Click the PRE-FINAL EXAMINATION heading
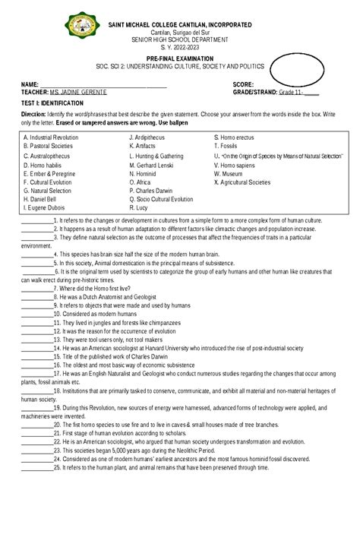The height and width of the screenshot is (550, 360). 180,58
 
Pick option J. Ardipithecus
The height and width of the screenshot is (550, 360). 152,137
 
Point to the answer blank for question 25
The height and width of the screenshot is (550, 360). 37,468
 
